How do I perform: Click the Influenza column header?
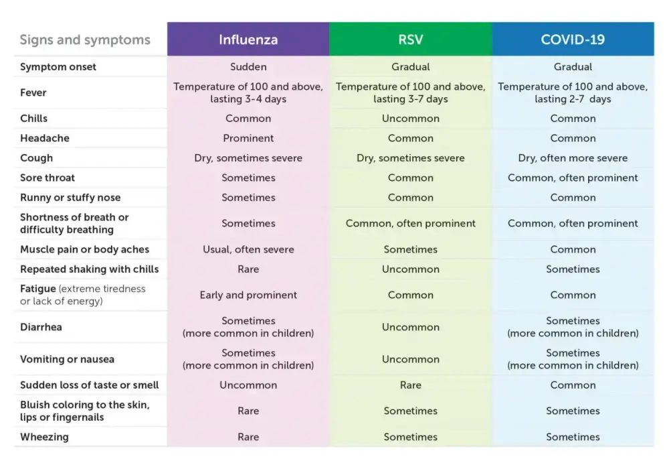pos(248,40)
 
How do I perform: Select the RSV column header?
pos(411,40)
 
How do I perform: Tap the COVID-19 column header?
pos(573,40)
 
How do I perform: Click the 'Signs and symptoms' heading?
pos(85,40)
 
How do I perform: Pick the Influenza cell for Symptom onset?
pos(248,66)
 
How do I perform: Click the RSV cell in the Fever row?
pos(411,92)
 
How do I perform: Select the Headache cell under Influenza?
pos(248,138)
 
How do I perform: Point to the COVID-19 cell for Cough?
pos(573,158)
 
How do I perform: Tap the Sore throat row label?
pos(47,178)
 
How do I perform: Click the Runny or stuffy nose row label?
pos(70,198)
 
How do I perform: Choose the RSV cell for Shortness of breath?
pos(411,223)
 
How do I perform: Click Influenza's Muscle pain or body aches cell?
pos(248,249)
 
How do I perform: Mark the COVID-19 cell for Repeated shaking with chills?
pos(573,269)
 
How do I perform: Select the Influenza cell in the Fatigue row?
pos(248,295)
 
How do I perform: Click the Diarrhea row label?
pos(41,327)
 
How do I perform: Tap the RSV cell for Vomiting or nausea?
pos(411,359)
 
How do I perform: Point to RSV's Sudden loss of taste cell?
pos(411,385)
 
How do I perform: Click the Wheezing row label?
pos(44,437)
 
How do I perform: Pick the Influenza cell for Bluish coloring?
pos(248,411)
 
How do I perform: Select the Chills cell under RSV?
pos(411,119)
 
